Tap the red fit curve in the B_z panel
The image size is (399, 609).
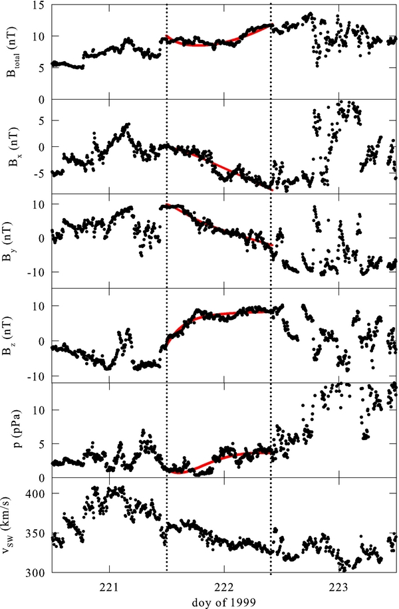tap(219, 312)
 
